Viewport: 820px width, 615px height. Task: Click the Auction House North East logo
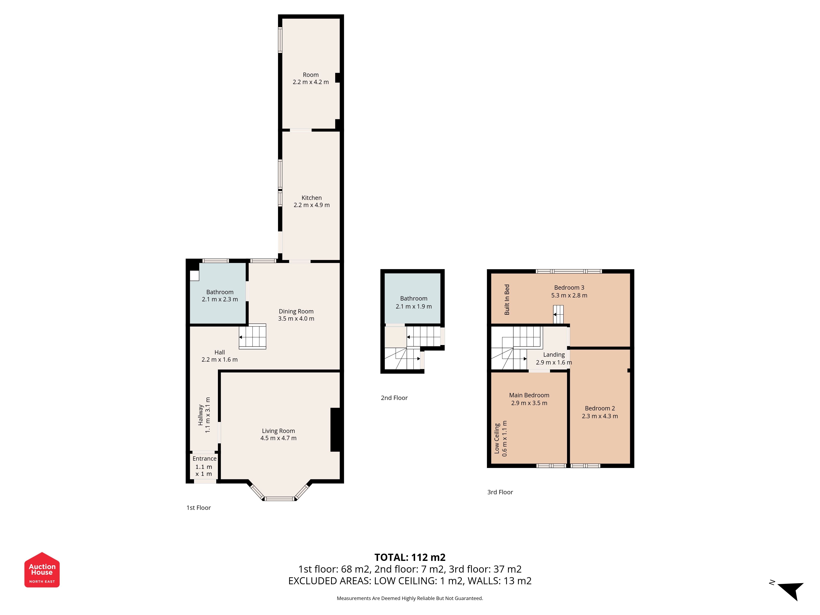coord(42,569)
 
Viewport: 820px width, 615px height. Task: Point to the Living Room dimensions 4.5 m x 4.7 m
coord(278,438)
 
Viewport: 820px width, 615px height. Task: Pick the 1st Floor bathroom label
coord(220,292)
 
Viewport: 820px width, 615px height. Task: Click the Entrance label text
coord(204,459)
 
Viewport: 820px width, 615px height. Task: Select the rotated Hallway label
coord(200,415)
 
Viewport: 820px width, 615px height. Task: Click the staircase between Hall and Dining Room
coord(252,337)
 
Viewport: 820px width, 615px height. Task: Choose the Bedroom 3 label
coord(569,288)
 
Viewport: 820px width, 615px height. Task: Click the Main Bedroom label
coord(529,395)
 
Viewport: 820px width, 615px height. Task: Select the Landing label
coord(554,355)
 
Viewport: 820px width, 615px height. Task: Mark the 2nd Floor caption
coord(394,398)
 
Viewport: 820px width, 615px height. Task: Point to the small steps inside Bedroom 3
coord(558,314)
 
